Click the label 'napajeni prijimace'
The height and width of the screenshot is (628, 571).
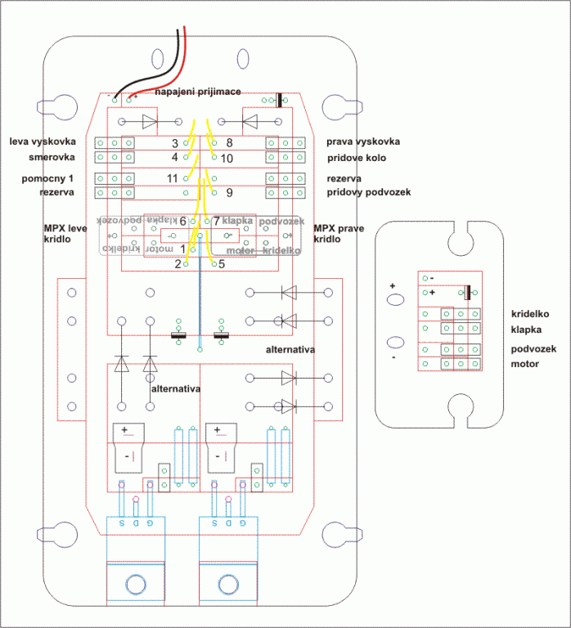198,92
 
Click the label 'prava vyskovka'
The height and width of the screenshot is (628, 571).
363,141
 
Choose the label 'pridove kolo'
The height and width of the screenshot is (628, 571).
356,158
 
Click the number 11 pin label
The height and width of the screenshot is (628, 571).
172,178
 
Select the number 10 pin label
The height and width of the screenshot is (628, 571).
227,158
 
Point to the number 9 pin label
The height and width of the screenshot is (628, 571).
229,193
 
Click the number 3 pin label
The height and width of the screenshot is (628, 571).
175,144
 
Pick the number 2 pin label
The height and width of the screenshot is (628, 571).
178,264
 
